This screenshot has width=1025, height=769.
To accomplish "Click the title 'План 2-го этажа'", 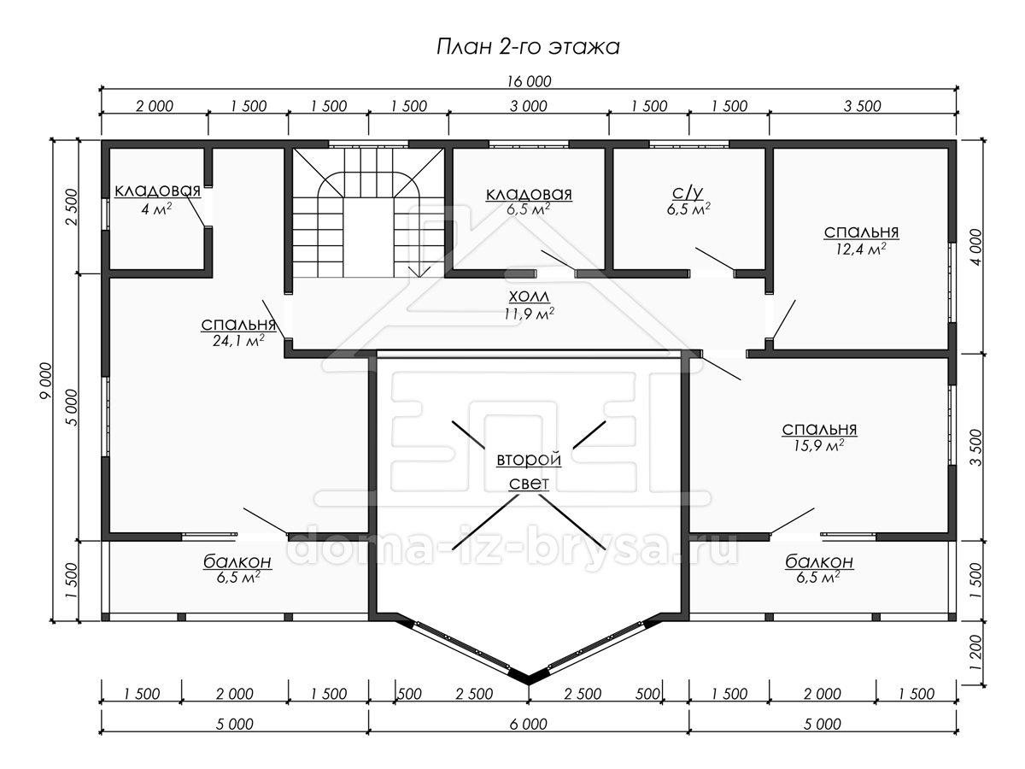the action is point(528,47).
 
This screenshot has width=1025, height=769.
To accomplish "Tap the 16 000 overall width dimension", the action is point(529,82).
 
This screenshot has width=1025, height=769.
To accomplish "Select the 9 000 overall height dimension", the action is point(45,380).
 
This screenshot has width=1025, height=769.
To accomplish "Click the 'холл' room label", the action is point(529,296).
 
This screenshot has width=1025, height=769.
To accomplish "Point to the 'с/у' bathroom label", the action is point(688,192).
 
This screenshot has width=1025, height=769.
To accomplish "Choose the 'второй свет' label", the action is point(529,471).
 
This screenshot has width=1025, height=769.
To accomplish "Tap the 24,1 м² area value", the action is point(238,340).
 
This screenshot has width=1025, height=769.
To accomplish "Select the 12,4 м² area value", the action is point(861,249).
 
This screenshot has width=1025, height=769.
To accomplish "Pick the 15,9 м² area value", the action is point(818,445).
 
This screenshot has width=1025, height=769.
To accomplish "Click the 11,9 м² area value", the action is point(529,314).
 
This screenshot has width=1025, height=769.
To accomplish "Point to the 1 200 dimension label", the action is point(975,653).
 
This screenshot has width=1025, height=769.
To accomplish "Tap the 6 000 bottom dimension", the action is point(528,724).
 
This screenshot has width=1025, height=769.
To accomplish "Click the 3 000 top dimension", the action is point(528,107).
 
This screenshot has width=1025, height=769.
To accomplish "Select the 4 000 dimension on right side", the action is point(975,248).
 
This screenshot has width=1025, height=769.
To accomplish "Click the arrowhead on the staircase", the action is point(419,272).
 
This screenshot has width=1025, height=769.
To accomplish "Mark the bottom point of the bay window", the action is point(529,684).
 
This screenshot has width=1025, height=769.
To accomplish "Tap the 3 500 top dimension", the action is point(862,107).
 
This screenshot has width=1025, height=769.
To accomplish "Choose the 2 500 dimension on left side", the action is point(72,207).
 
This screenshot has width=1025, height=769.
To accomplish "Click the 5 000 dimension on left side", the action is point(72,408).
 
